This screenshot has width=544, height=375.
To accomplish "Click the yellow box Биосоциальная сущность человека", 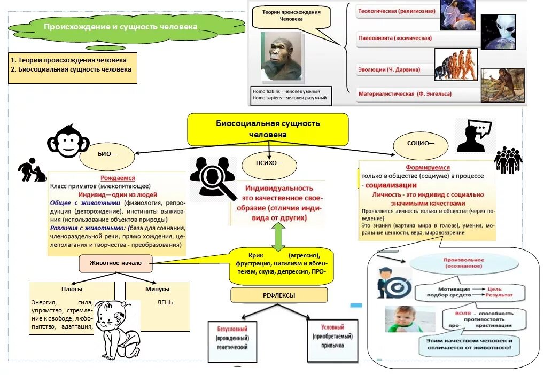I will pos(268,129).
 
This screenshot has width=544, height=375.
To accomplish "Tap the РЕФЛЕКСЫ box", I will pos(278,295).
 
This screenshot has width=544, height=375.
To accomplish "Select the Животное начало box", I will pos(115,263).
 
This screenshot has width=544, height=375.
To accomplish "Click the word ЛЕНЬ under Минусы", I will pos(164,302).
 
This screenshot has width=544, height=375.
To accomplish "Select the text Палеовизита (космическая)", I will pos(395,38).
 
